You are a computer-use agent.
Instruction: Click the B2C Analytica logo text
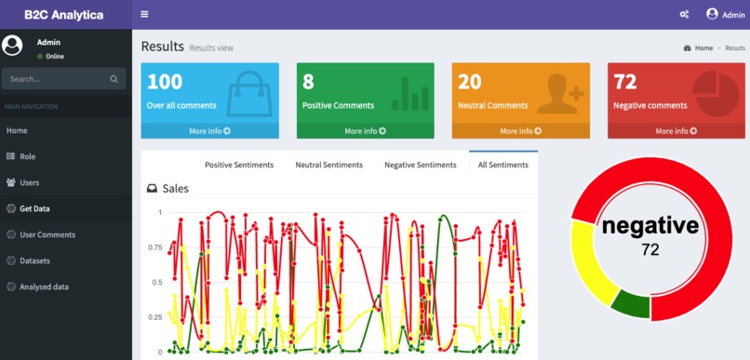64,15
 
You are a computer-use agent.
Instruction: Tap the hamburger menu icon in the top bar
144,15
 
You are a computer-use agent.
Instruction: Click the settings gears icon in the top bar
684,15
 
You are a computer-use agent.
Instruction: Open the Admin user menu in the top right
726,15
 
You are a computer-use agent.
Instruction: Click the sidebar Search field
56,79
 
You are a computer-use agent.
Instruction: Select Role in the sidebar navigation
27,156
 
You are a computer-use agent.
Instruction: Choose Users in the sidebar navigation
29,182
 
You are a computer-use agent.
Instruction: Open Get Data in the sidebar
34,208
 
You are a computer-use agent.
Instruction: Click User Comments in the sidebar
47,234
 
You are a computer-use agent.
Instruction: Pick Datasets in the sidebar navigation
34,260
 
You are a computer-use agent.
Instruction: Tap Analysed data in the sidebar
44,287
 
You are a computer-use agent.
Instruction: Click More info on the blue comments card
209,131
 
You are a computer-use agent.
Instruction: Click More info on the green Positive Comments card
365,131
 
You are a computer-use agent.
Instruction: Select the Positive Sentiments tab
239,165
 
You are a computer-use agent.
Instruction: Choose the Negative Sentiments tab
421,165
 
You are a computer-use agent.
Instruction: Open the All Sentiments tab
502,165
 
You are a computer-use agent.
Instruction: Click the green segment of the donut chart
630,305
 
